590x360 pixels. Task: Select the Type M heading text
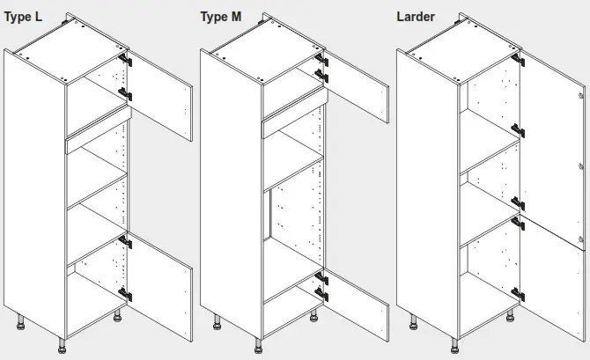tap(221, 17)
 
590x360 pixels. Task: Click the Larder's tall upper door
tap(553, 141)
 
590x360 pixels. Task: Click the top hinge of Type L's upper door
tap(127, 61)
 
